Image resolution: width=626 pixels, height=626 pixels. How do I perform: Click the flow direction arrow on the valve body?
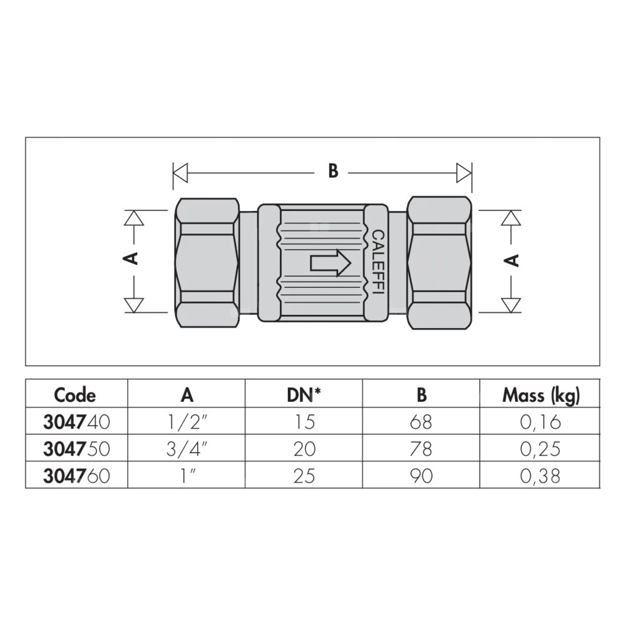pos(331,263)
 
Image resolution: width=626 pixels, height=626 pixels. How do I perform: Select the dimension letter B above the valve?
pos(333,171)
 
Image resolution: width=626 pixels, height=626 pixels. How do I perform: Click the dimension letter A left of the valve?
pos(131,259)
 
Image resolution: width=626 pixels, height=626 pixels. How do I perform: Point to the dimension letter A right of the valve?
pos(511,260)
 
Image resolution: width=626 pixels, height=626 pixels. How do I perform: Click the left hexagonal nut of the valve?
pos(207,263)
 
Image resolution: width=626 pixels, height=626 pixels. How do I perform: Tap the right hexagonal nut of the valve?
pos(439,263)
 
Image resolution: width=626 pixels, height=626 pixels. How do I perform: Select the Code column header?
pos(75,395)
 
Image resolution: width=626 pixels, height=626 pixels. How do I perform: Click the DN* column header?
pos(304,395)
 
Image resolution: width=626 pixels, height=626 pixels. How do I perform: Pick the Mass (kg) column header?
pos(541,396)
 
